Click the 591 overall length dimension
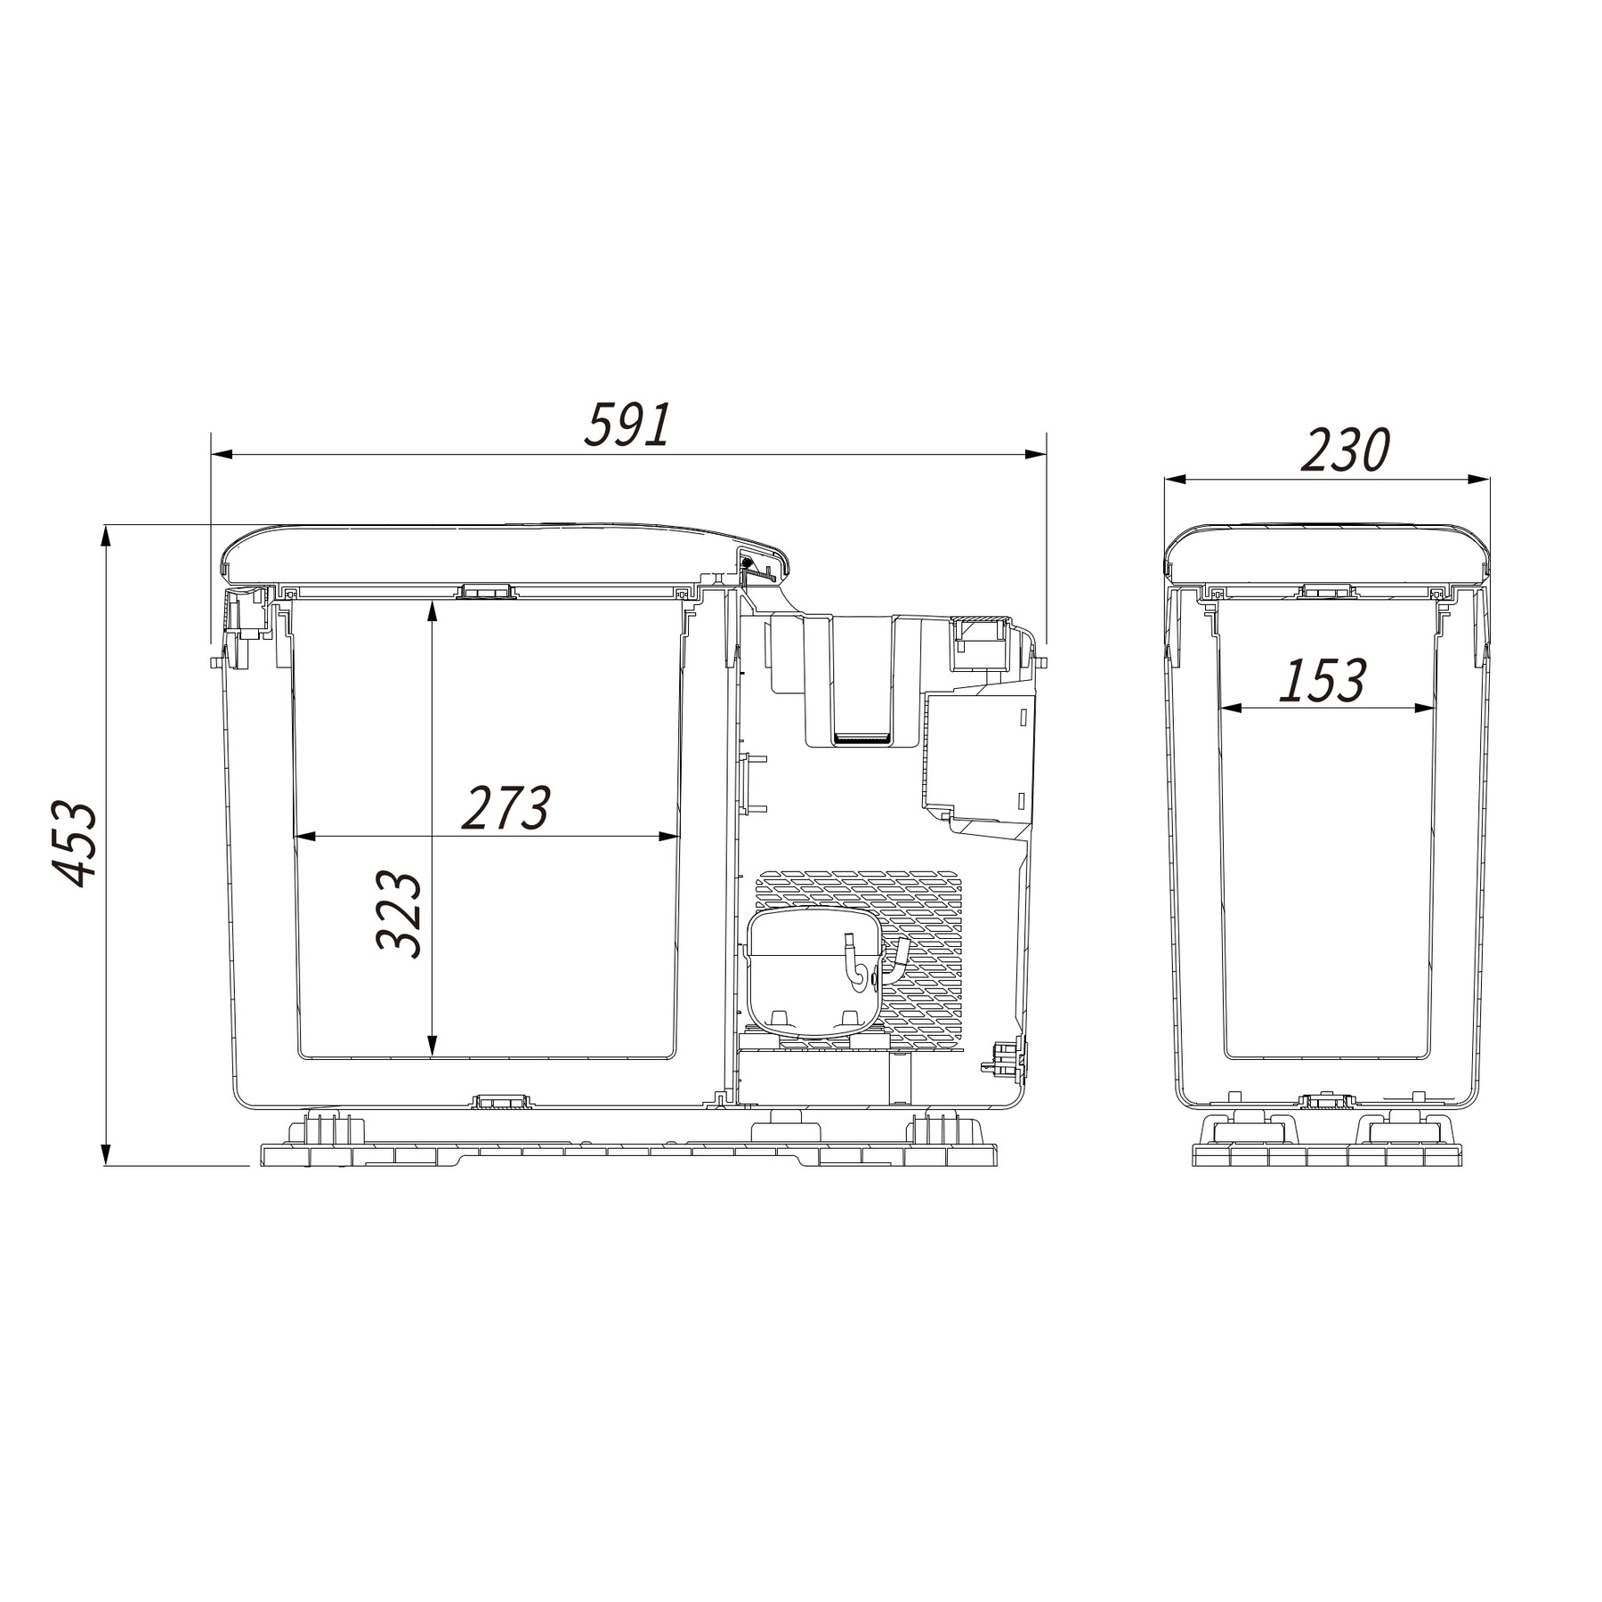coord(627,425)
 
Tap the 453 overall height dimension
coord(74,845)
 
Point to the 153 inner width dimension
coord(1322,681)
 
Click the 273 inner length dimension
coord(506,807)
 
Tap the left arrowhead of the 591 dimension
coord(222,455)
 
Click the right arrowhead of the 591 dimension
coord(1035,455)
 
